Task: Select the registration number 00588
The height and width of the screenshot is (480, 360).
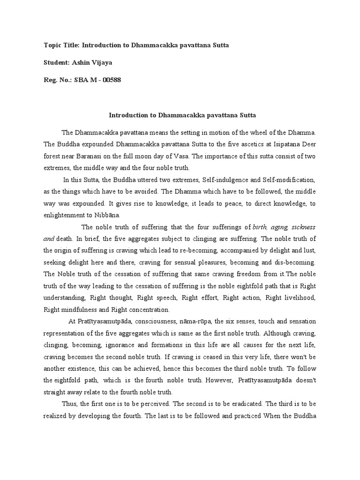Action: [111, 80]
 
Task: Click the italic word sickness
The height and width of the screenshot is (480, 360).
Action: [302, 227]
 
